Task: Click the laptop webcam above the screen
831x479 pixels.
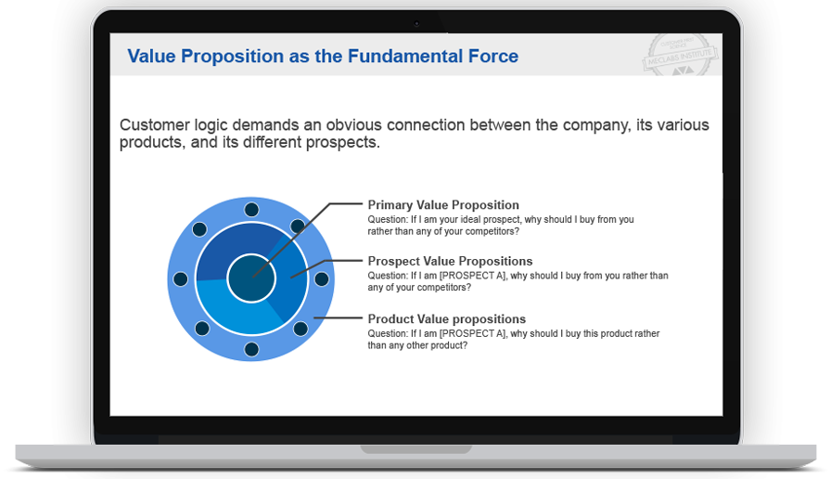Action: (415, 23)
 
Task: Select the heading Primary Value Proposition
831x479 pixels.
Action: (443, 205)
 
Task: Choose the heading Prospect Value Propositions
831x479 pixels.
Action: (450, 261)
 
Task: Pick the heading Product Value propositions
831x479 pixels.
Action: (446, 319)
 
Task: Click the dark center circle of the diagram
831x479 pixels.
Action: (251, 278)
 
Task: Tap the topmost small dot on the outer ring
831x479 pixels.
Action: (251, 210)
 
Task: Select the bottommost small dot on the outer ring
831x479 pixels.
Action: (251, 349)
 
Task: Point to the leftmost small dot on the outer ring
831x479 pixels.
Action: (181, 279)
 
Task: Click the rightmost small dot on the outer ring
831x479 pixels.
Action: (322, 279)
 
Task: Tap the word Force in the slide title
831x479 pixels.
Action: (492, 57)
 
